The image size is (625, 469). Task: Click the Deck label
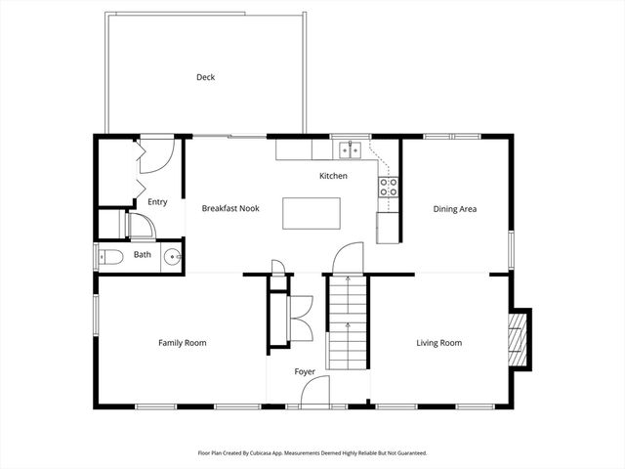pos(205,77)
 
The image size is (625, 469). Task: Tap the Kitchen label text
pos(333,176)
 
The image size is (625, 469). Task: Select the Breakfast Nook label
pos(229,208)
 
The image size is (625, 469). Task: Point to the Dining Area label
pos(454,208)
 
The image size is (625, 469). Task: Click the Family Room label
pos(183,343)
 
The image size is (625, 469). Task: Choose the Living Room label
pos(438,343)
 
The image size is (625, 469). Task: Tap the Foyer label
pos(306,372)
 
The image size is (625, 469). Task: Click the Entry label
pos(157,202)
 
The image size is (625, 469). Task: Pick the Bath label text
pos(143,255)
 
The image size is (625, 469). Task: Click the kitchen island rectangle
pos(312,212)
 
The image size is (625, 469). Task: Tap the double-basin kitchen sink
pos(350,150)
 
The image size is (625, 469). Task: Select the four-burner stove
pos(389,187)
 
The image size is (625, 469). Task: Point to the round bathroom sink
pos(172,258)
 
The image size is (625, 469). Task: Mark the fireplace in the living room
pos(518,340)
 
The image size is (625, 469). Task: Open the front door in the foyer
pos(314,393)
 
